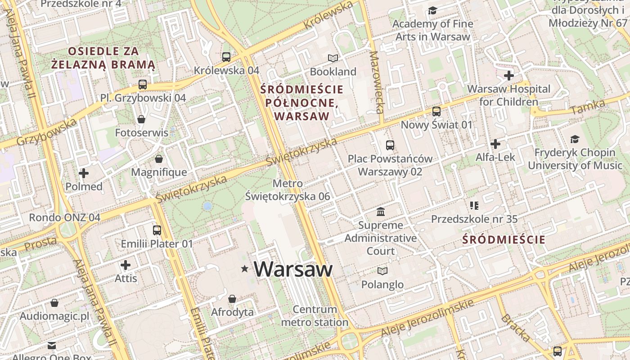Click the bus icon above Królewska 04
pos(226,57)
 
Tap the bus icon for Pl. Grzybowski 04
pos(143,84)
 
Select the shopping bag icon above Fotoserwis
pos(141,119)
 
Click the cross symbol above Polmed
pos(84,173)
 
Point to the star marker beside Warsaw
pos(245,269)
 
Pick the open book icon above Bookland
pos(333,58)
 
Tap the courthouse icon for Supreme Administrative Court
pos(381,211)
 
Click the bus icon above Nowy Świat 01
pos(436,111)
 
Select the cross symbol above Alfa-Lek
pos(495,144)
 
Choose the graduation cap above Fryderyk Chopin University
pos(575,139)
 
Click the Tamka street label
pos(588,107)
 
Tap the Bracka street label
pos(516,328)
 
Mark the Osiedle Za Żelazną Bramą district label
pos(103,58)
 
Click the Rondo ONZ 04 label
pos(64,217)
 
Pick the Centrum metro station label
pos(315,316)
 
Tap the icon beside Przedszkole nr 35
pos(474,206)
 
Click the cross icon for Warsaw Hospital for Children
pos(509,75)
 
